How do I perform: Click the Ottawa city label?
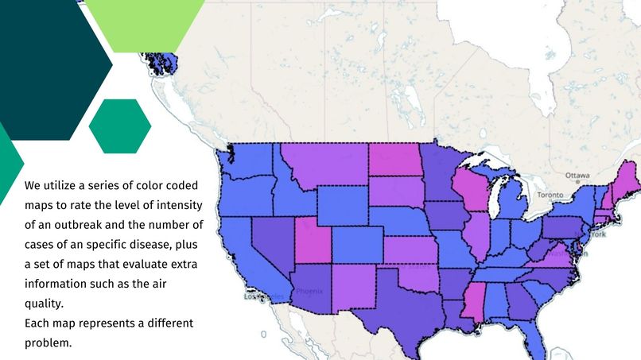pos(577,175)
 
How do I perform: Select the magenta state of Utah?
pos(313,238)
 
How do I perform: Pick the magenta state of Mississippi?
pos(472,305)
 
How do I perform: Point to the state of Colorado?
pos(357,242)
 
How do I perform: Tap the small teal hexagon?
pos(120,126)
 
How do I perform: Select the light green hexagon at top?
pos(144,20)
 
